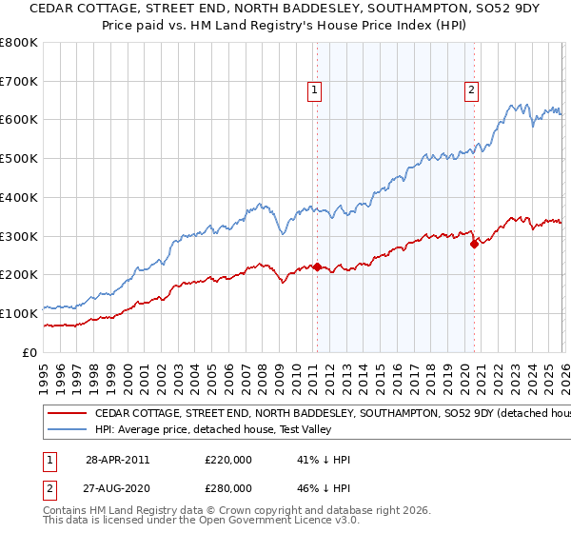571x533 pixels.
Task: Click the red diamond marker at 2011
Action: pos(317,267)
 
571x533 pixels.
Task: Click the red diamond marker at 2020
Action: pos(474,244)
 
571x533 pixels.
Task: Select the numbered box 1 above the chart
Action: pos(315,90)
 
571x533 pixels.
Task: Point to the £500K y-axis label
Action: pos(19,159)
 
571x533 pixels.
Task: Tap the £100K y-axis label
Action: pos(19,313)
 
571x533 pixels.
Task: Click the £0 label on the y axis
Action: pos(29,352)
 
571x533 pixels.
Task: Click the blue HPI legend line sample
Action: pos(68,430)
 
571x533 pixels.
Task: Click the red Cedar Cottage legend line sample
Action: pos(68,414)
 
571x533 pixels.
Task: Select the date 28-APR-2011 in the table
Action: pos(117,460)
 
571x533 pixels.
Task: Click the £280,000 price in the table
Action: pos(228,488)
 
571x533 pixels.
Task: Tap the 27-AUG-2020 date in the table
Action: pos(117,488)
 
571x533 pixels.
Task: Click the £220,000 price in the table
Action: pos(228,460)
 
